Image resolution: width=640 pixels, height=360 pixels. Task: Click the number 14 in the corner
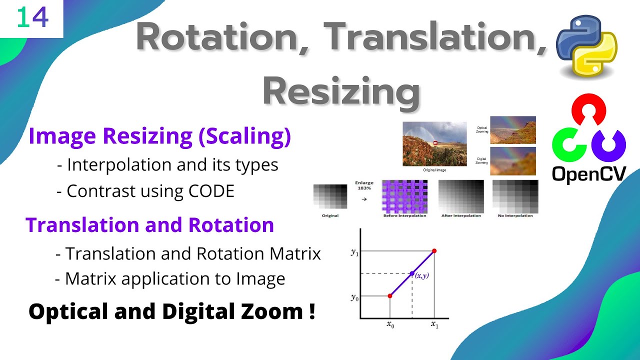pos(32,18)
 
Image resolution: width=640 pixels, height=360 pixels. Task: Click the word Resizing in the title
pos(341,91)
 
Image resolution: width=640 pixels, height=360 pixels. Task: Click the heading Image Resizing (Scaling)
pos(159,136)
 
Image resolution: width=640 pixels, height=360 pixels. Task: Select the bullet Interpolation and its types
pos(167,164)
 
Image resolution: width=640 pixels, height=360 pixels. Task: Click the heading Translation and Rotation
pos(150,225)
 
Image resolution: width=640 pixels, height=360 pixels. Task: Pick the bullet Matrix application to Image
pos(170,278)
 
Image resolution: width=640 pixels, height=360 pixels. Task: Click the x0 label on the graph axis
pos(390,324)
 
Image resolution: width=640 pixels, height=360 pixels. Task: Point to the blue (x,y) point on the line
pos(412,273)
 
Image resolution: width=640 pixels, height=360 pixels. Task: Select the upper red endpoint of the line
pos(433,250)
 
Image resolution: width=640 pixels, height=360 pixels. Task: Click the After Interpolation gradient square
pos(460,196)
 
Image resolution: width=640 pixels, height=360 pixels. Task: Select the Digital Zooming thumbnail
pos(512,160)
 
